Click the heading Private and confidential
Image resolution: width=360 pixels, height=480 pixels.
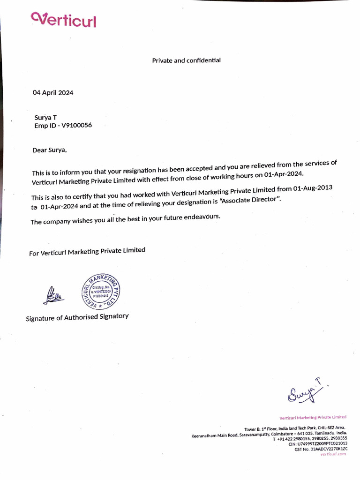[x=186, y=60]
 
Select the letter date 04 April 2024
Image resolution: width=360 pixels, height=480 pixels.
[x=52, y=92]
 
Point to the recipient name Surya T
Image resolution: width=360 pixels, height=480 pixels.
[x=45, y=118]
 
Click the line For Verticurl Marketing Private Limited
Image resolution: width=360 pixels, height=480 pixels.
[x=87, y=252]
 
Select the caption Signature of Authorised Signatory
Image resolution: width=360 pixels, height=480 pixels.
[x=77, y=317]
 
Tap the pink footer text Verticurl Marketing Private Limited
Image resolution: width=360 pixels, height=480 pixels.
[x=313, y=417]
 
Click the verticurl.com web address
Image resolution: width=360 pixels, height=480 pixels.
[x=333, y=454]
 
